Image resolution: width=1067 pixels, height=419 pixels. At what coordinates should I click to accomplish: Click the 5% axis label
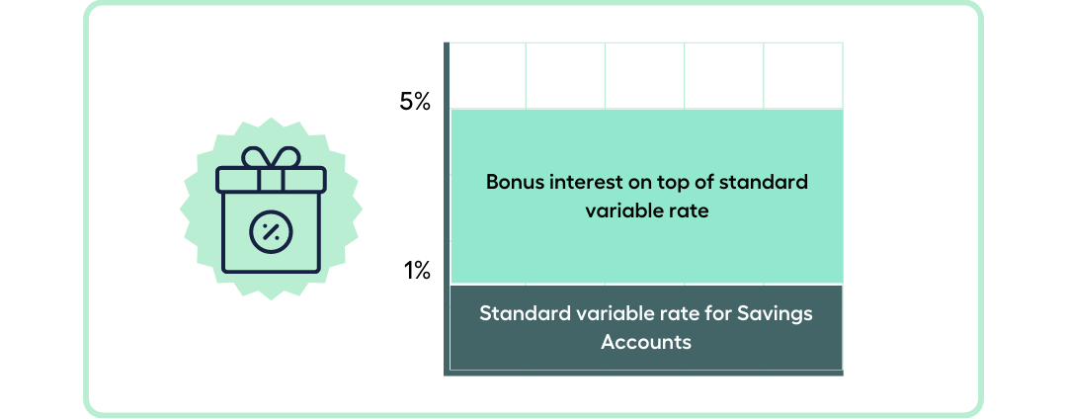[x=414, y=102]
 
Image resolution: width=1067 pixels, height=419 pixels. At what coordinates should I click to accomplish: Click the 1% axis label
[x=417, y=272]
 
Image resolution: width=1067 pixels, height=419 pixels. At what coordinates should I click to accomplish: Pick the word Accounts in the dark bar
[x=646, y=342]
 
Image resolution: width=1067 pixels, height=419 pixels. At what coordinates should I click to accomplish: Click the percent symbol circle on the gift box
[x=271, y=232]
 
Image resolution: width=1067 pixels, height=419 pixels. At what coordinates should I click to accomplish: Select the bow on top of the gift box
[x=271, y=157]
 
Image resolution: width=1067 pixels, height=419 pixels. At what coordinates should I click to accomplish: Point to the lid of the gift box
[x=271, y=179]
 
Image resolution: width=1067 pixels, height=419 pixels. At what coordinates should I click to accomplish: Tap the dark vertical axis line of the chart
[x=447, y=209]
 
